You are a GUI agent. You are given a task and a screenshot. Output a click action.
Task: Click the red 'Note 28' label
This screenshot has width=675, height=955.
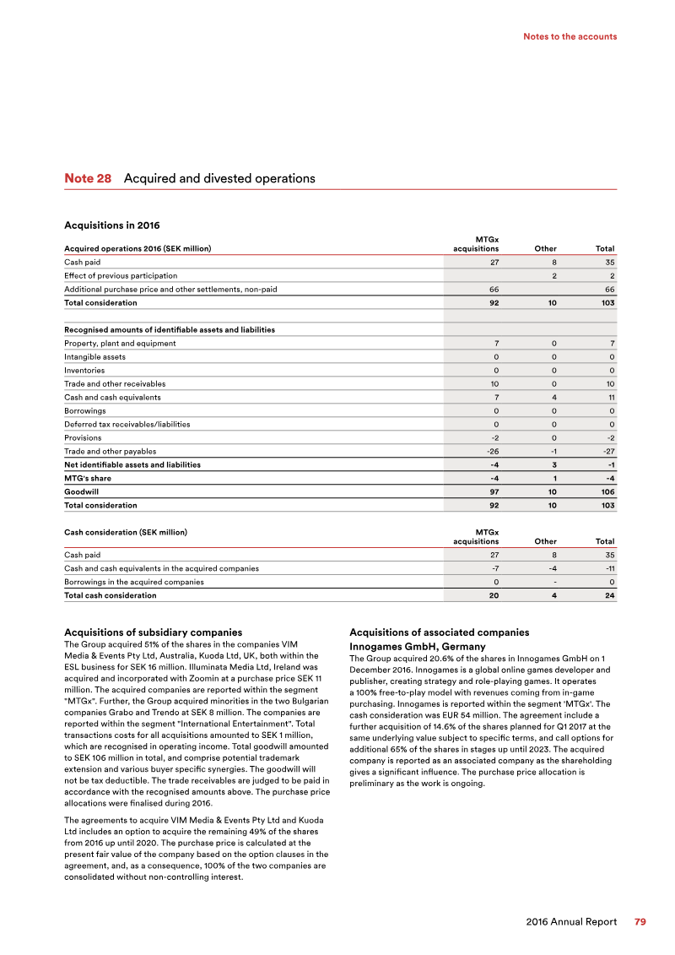click(x=88, y=179)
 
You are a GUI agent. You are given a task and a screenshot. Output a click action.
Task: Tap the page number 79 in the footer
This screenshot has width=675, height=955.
click(x=640, y=922)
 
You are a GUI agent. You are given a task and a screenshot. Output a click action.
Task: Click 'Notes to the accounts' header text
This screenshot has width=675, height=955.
click(x=570, y=36)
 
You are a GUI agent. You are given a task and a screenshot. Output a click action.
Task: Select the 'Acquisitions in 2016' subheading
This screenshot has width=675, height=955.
click(x=112, y=225)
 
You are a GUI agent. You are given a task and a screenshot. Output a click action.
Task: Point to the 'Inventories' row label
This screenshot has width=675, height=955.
click(x=84, y=370)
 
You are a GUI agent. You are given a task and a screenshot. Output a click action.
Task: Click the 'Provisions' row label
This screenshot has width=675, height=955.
click(x=83, y=437)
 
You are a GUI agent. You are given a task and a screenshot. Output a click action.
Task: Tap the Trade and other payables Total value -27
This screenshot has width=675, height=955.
click(x=607, y=451)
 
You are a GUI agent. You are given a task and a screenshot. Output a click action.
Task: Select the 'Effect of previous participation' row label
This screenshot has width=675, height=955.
click(x=121, y=275)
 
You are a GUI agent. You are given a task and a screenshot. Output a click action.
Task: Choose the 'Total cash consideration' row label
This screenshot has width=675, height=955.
click(x=110, y=595)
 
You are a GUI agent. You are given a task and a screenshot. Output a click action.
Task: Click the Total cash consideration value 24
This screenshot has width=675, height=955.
click(x=609, y=595)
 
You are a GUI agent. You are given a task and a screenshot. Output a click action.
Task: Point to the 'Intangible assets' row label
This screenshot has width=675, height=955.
click(x=94, y=356)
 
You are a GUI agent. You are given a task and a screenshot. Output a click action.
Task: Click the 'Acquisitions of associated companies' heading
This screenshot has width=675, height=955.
click(x=439, y=632)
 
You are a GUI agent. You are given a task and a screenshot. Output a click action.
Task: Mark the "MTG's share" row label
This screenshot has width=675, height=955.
click(x=88, y=478)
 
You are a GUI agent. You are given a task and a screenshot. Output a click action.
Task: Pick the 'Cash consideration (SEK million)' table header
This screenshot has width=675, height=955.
click(x=126, y=533)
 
